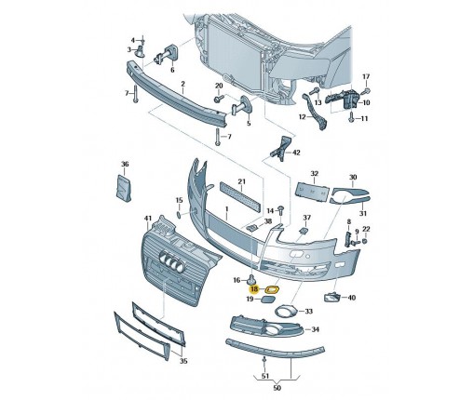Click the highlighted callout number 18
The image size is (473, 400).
tap(254, 289)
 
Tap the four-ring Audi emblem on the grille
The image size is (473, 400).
tap(171, 262)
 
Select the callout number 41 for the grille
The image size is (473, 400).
tap(148, 219)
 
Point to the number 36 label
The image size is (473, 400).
tap(125, 164)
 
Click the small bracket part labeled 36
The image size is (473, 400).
tap(124, 187)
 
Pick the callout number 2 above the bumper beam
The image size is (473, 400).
tap(182, 84)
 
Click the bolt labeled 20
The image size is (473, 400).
tap(217, 100)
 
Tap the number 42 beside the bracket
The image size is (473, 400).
tap(296, 153)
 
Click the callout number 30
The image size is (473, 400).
tap(353, 178)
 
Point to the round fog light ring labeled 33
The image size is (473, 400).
tap(286, 312)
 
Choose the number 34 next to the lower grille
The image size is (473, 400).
tap(316, 329)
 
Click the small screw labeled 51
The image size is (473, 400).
tap(264, 361)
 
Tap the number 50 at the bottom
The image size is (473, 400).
tap(277, 388)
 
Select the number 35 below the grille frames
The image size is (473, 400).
tap(183, 361)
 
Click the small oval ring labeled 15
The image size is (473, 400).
tap(180, 215)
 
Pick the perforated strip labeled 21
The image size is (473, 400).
tap(240, 197)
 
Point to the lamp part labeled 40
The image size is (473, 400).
tap(331, 297)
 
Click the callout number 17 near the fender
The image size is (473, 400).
tap(366, 76)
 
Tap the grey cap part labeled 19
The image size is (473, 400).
tap(270, 300)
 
